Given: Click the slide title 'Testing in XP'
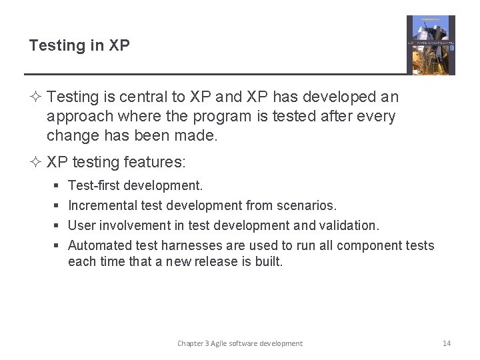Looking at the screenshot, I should (79, 45).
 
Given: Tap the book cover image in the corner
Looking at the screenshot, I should (431, 45).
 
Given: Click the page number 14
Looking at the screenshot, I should (447, 343).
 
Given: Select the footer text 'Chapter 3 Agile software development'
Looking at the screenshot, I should (239, 343).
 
